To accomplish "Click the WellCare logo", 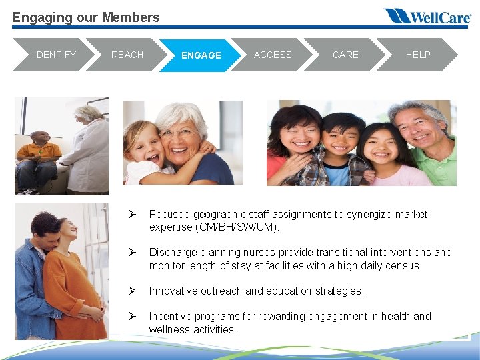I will pos(427,16).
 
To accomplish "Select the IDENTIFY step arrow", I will pos(55,55).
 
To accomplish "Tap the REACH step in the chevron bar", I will pos(127,55).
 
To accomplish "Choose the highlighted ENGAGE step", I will pos(201,55).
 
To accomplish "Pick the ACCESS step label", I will pos(273,55).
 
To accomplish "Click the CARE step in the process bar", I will pos(345,55).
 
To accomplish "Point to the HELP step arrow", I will pos(418,55).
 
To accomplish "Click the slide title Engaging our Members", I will pos(86,17).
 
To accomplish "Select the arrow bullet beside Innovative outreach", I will pos(133,291).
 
